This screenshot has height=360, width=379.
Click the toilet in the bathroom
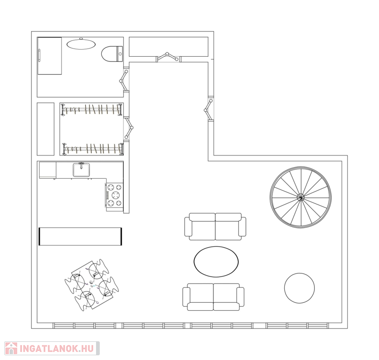click(111, 54)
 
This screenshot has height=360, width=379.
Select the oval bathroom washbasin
click(81, 44)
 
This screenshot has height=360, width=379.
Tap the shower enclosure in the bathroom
click(50, 56)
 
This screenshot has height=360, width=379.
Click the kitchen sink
click(82, 170)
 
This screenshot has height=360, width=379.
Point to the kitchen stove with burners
click(115, 195)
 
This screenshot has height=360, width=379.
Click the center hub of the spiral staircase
click(300, 197)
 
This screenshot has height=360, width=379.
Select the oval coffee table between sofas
click(216, 262)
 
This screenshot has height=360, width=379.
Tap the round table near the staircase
click(299, 288)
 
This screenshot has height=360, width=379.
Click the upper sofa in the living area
click(216, 226)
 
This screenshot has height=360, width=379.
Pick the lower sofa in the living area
click(214, 297)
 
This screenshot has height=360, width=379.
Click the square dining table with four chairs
click(92, 285)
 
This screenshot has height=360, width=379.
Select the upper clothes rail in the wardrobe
click(92, 110)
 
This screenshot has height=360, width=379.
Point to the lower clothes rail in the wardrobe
click(93, 149)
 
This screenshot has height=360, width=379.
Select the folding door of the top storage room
click(168, 57)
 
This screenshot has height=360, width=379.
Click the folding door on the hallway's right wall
click(209, 110)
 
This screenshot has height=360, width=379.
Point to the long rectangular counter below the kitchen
click(80, 236)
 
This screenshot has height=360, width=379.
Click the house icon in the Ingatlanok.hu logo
click(11, 348)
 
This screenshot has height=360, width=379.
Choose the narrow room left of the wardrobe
click(45, 129)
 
